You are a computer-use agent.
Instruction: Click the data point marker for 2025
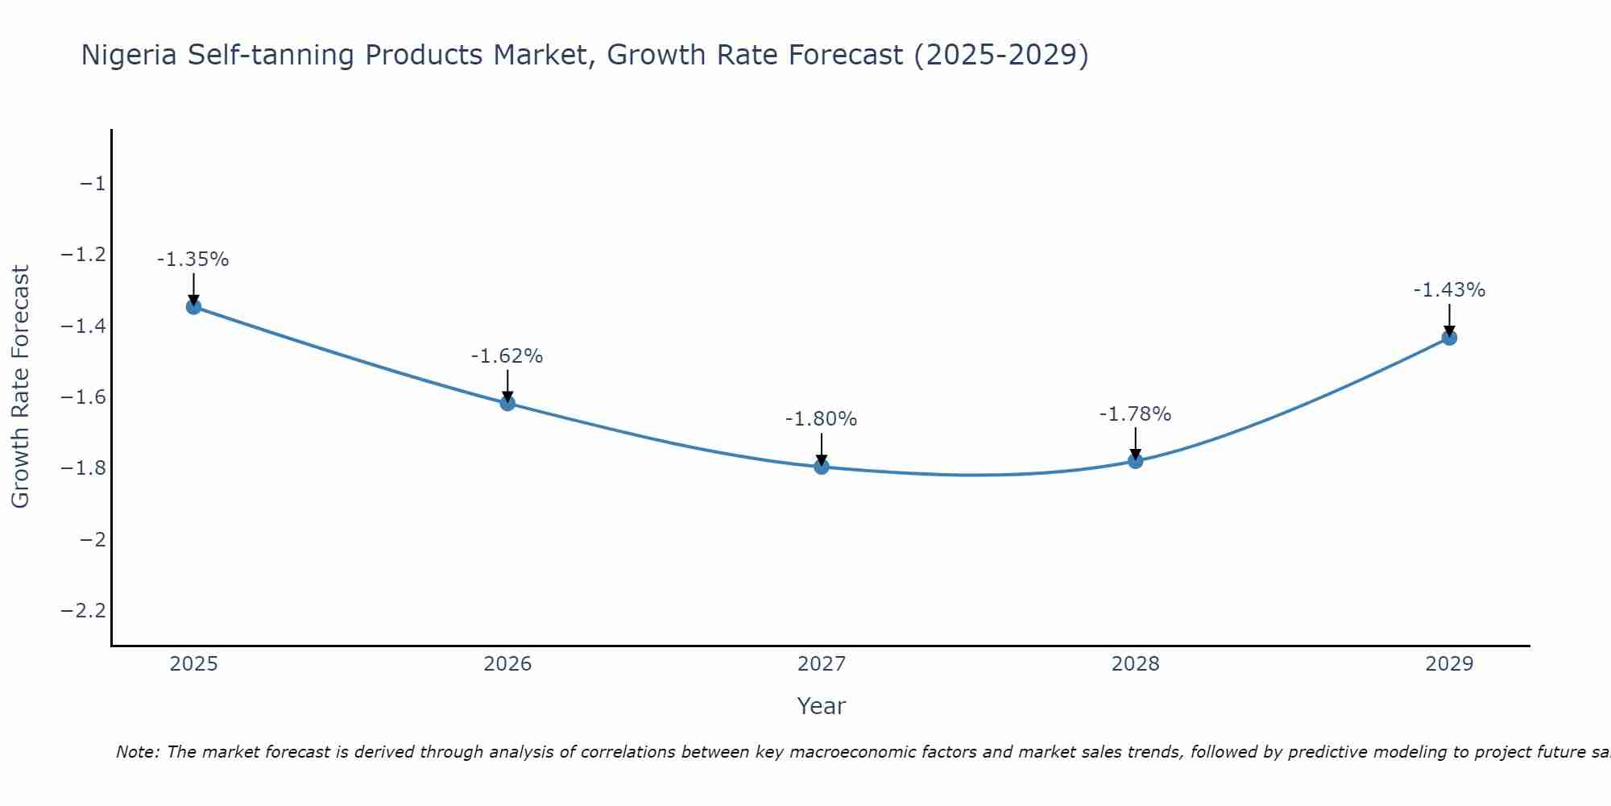(193, 307)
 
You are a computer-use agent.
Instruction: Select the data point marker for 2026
(507, 403)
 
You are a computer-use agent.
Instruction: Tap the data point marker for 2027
(822, 467)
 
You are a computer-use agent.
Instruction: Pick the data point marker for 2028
(1136, 461)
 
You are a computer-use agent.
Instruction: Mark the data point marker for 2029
(1449, 338)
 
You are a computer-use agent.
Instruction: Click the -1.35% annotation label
(193, 260)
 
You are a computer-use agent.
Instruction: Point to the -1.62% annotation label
(507, 356)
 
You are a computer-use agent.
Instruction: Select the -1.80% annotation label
(822, 419)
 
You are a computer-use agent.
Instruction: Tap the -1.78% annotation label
(1136, 414)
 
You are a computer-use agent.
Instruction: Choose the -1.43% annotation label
(1449, 290)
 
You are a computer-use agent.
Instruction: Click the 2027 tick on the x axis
(822, 664)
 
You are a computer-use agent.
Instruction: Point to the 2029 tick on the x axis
(1449, 664)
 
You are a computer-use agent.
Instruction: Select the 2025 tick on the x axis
(193, 664)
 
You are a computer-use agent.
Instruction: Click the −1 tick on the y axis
(93, 184)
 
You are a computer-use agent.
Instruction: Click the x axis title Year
(822, 706)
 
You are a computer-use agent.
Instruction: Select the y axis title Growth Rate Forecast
(20, 387)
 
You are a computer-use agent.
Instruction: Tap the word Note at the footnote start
(138, 752)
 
